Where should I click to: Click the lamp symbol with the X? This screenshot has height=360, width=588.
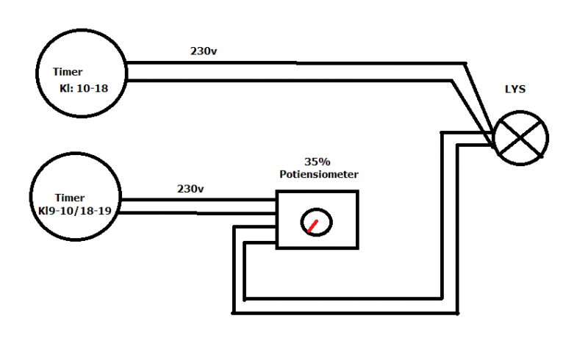pyautogui.click(x=520, y=137)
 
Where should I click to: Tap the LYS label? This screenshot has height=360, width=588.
pyautogui.click(x=516, y=90)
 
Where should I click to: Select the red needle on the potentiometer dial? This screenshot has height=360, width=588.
pyautogui.click(x=313, y=224)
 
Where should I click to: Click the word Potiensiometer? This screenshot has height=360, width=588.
pyautogui.click(x=318, y=174)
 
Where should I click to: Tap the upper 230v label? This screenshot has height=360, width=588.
pyautogui.click(x=204, y=52)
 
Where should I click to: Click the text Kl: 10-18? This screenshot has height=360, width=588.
pyautogui.click(x=82, y=90)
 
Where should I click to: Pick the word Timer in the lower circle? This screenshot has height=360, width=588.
pyautogui.click(x=70, y=198)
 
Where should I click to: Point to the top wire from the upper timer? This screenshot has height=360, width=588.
pyautogui.click(x=294, y=62)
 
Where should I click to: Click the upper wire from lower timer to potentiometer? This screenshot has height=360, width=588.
pyautogui.click(x=198, y=200)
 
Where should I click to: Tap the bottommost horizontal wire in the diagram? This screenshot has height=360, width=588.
pyautogui.click(x=345, y=312)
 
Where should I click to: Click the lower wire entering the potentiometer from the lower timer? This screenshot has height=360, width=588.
pyautogui.click(x=198, y=214)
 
